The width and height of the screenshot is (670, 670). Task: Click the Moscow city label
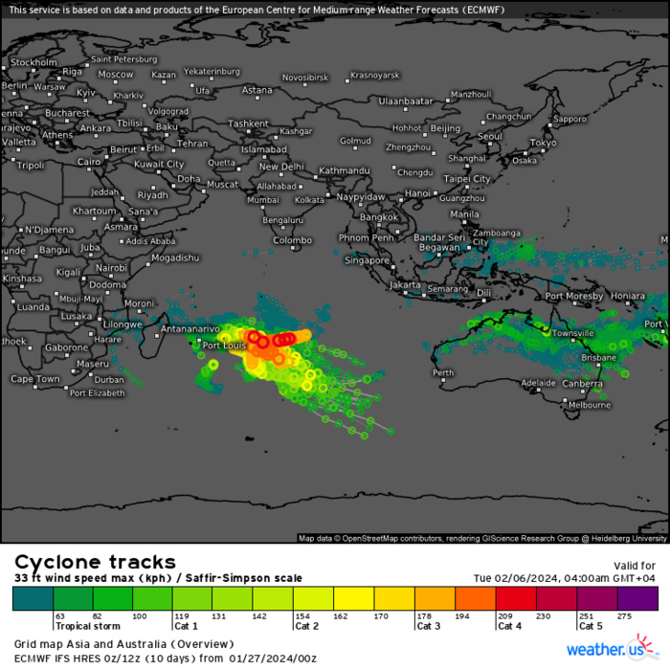(x=116, y=74)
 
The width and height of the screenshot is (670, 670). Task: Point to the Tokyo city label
(x=543, y=143)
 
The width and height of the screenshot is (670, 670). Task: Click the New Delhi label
(x=281, y=166)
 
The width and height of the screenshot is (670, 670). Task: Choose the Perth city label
(x=443, y=372)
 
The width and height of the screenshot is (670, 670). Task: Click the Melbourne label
(x=590, y=405)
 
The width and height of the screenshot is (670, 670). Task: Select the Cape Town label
(x=35, y=379)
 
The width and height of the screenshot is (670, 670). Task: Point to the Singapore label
(x=368, y=259)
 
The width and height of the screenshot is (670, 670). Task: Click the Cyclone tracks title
(x=95, y=562)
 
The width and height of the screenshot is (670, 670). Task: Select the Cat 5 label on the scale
(x=589, y=626)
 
